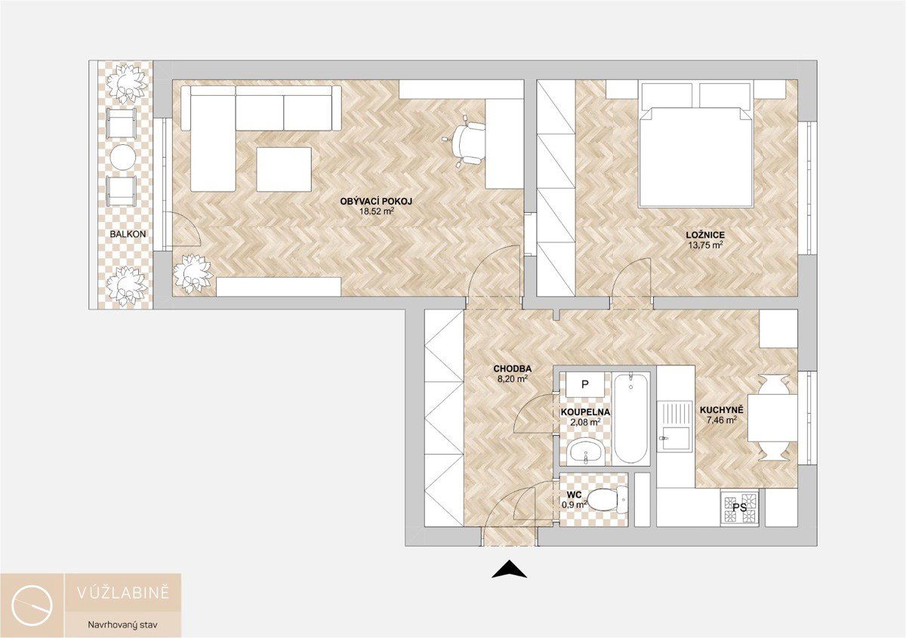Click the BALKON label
tap(128, 234)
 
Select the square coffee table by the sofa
tap(284, 169)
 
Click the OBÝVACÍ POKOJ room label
tap(376, 202)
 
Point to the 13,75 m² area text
tap(705, 245)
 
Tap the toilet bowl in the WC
tap(607, 500)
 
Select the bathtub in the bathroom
tap(631, 418)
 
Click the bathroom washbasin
tap(586, 453)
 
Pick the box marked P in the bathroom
tap(585, 384)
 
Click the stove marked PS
tap(739, 507)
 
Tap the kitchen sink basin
tap(675, 439)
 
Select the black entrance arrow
tap(509, 569)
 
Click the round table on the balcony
tap(122, 157)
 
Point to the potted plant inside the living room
tap(193, 273)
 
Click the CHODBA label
tap(513, 368)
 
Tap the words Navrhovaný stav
tap(122, 624)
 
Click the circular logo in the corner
tap(32, 606)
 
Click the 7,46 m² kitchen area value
tap(722, 421)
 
